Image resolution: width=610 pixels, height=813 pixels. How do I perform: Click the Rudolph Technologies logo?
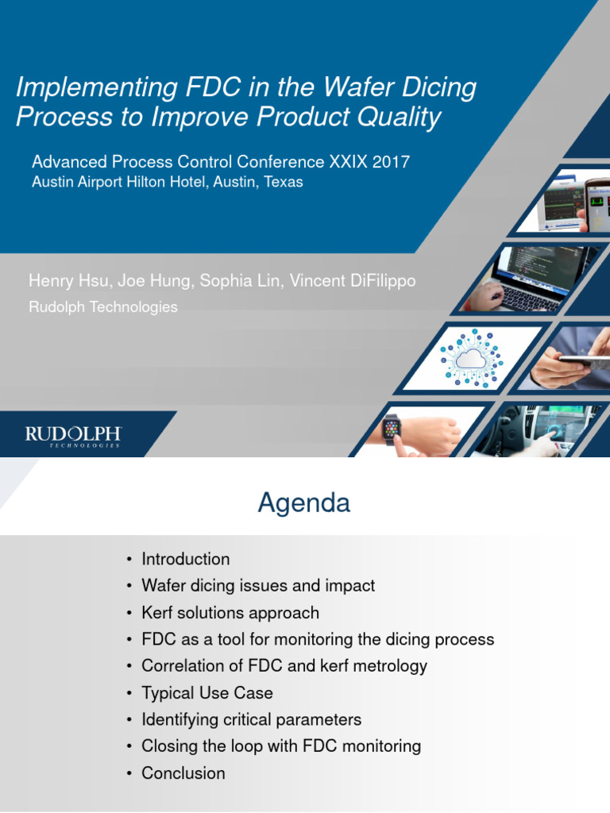point(72,436)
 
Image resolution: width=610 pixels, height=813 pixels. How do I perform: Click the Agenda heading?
point(303,503)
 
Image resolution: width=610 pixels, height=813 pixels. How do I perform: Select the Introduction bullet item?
point(185,559)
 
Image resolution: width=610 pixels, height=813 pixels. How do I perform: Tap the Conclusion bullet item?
point(183,773)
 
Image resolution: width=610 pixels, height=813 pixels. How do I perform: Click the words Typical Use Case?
point(207,693)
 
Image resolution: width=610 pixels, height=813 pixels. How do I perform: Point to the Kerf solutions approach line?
point(230,613)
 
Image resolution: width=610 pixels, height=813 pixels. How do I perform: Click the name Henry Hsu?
point(60,281)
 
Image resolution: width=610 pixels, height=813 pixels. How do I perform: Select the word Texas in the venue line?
point(283,182)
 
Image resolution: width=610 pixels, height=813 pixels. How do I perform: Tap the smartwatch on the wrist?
point(392,430)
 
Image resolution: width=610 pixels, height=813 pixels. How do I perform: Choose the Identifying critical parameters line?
point(251,720)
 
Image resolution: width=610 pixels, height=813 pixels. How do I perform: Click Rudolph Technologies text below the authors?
point(103,306)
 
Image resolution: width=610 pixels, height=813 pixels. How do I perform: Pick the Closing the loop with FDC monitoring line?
point(281,746)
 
